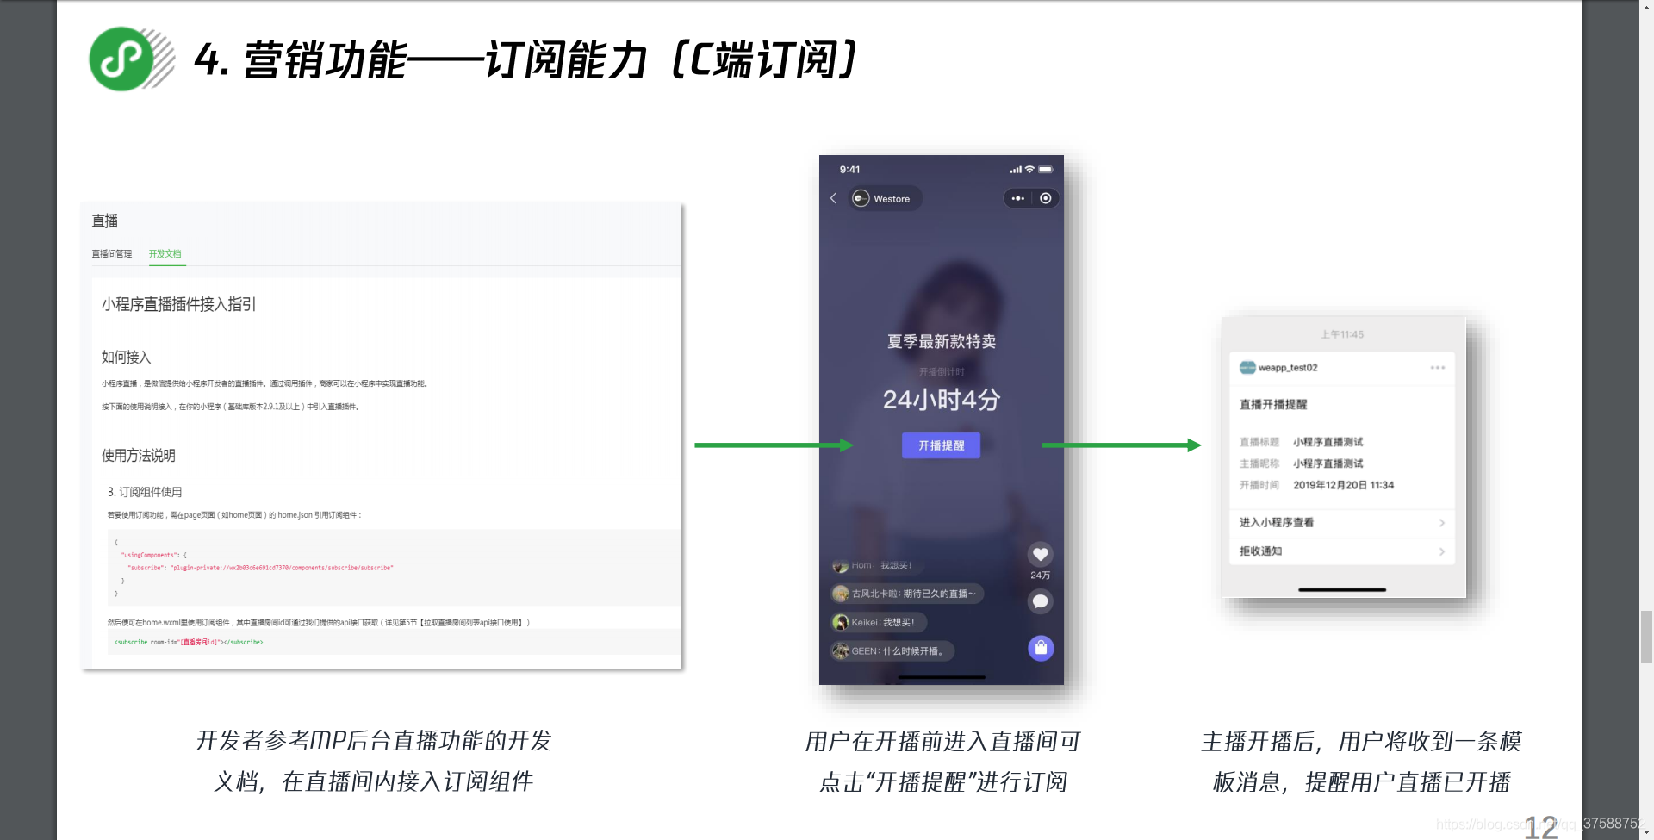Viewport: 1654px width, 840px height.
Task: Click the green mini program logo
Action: click(122, 59)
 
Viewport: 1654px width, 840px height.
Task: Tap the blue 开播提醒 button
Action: click(941, 445)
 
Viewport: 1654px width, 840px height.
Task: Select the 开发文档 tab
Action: click(165, 254)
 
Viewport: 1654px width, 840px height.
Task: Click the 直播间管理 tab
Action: click(112, 254)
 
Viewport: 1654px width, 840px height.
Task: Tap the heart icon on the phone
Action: click(1040, 554)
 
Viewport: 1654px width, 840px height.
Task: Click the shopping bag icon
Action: click(1041, 648)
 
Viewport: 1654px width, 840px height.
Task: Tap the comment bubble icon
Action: click(1040, 601)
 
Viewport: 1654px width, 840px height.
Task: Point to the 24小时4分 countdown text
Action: click(941, 400)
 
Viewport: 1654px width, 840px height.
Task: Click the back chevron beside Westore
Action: click(834, 198)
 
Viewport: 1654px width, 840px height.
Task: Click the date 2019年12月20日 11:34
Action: click(1343, 485)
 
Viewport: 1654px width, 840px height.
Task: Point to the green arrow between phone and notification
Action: click(1121, 445)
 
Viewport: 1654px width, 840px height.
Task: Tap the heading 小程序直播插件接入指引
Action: click(178, 304)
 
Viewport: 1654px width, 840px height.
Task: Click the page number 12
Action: click(1540, 827)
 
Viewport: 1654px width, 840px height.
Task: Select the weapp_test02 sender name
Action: click(1288, 368)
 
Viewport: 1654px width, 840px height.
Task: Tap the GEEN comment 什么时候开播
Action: click(896, 651)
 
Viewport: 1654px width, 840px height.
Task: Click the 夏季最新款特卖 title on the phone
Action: click(941, 342)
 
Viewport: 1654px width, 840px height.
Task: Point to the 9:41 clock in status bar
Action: click(849, 170)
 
